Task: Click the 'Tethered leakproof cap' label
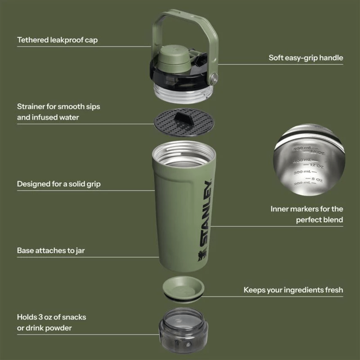tap(57, 40)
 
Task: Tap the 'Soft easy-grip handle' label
tap(306, 58)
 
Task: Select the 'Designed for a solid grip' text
tap(59, 184)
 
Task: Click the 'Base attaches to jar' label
tap(51, 251)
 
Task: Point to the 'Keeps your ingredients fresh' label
tap(293, 290)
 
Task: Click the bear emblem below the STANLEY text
tap(202, 255)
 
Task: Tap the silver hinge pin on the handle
tap(213, 77)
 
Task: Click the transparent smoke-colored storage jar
tap(183, 330)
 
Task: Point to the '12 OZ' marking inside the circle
tap(316, 166)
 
